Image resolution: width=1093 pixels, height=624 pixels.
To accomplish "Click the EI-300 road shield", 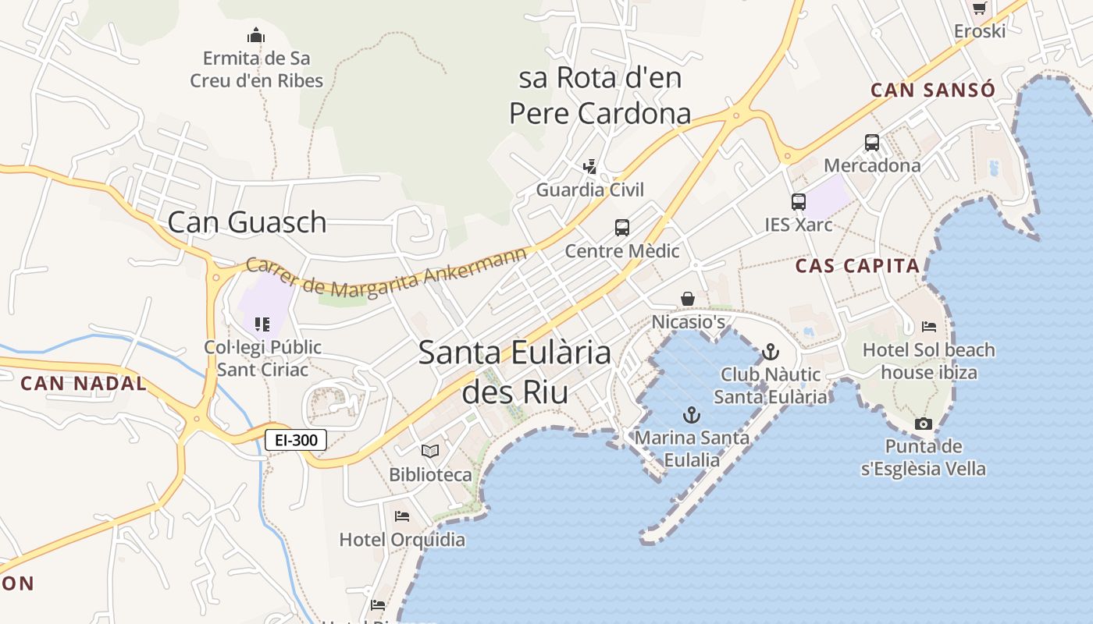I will pyautogui.click(x=297, y=440).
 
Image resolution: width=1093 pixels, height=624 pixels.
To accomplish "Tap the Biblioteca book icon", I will pyautogui.click(x=430, y=451).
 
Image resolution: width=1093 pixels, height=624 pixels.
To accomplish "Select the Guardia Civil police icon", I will pyautogui.click(x=590, y=166).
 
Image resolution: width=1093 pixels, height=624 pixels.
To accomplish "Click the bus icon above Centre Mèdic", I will pyautogui.click(x=622, y=228).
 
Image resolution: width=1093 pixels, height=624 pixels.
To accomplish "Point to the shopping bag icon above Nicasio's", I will pyautogui.click(x=688, y=299).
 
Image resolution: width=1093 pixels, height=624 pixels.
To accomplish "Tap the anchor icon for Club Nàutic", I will pyautogui.click(x=771, y=351).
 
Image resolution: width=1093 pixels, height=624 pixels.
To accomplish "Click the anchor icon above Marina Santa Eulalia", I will pyautogui.click(x=691, y=414).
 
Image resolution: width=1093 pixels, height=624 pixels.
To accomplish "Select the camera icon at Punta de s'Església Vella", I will pyautogui.click(x=924, y=424).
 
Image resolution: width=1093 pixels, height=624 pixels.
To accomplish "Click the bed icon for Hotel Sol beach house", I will pyautogui.click(x=929, y=327).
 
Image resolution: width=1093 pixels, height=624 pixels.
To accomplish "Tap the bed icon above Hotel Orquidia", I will pyautogui.click(x=402, y=516).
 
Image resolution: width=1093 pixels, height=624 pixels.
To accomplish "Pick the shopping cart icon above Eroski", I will pyautogui.click(x=979, y=8).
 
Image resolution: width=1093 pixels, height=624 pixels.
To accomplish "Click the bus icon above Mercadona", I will pyautogui.click(x=872, y=143).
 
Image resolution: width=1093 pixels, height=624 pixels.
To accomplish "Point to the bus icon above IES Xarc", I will pyautogui.click(x=799, y=202).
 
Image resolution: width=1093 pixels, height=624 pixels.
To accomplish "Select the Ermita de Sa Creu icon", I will pyautogui.click(x=256, y=35).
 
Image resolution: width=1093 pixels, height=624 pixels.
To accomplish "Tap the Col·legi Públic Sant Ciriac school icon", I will pyautogui.click(x=262, y=324).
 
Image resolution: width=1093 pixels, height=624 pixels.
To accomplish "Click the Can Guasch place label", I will pyautogui.click(x=247, y=222).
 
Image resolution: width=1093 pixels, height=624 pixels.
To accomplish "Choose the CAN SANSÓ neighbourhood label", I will pyautogui.click(x=933, y=90).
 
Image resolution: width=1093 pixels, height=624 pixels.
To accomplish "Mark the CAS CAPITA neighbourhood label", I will pyautogui.click(x=857, y=266).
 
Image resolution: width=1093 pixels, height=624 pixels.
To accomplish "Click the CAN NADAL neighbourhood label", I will pyautogui.click(x=84, y=384).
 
